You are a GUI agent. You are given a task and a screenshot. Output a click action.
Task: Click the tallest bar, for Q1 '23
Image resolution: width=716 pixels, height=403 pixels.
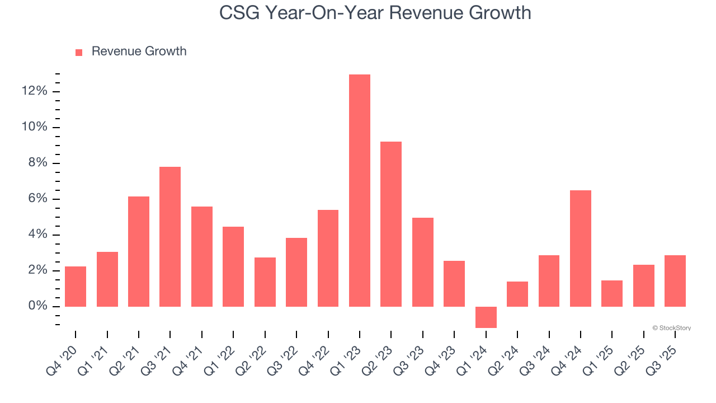click(x=360, y=190)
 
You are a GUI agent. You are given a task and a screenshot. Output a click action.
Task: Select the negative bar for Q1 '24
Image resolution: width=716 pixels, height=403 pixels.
click(x=486, y=317)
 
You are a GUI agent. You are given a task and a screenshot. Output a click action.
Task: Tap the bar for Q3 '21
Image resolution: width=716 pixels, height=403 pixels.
click(x=170, y=236)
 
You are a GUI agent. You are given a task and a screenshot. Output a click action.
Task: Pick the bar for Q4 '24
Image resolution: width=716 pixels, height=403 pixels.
click(x=580, y=248)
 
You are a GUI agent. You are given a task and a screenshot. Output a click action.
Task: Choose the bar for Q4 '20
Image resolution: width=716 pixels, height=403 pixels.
click(x=76, y=286)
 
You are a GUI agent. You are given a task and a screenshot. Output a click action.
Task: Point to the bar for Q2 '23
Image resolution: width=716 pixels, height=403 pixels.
click(x=391, y=224)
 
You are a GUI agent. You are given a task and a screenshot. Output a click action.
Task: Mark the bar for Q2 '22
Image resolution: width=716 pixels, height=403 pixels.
click(x=265, y=282)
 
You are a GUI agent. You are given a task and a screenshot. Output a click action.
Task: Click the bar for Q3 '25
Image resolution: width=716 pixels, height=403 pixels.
click(x=675, y=280)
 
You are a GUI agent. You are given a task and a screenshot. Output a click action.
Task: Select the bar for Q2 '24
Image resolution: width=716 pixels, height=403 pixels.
click(x=517, y=294)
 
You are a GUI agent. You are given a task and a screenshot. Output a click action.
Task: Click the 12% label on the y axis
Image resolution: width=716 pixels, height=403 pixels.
click(x=35, y=92)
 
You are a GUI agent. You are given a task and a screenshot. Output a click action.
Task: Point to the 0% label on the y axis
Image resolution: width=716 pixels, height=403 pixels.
click(x=37, y=306)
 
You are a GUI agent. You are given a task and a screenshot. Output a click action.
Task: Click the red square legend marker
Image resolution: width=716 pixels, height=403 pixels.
click(x=79, y=52)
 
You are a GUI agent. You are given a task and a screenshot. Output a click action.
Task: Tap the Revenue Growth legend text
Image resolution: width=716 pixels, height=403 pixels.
click(x=139, y=51)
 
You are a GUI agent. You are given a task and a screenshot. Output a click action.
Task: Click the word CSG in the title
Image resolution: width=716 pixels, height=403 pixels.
click(x=239, y=12)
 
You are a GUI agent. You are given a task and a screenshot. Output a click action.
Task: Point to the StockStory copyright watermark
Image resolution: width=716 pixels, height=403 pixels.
click(x=671, y=328)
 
